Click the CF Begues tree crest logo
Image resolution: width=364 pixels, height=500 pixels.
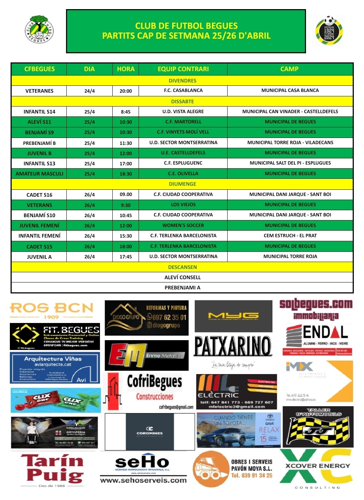click(39, 30)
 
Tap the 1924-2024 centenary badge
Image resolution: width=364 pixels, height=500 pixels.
click(329, 31)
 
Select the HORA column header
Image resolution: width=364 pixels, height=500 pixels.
click(125, 69)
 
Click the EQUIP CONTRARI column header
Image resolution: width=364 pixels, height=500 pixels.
click(183, 69)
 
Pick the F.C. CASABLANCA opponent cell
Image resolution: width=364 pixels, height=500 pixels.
click(183, 91)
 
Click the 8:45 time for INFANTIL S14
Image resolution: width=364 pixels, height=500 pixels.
click(125, 112)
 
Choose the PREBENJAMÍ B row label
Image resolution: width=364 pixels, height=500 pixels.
click(39, 143)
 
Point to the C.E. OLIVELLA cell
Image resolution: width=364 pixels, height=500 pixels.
click(183, 174)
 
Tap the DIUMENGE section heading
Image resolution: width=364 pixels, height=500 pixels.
click(182, 184)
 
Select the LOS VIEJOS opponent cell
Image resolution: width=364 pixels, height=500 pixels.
click(183, 205)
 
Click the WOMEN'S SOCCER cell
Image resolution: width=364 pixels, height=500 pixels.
click(183, 226)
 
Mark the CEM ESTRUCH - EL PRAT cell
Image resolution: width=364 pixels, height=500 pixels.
click(290, 236)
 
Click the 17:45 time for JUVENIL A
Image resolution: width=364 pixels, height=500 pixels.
click(125, 257)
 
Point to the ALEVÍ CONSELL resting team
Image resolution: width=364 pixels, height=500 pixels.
click(182, 277)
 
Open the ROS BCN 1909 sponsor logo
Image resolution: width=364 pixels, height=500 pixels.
click(51, 310)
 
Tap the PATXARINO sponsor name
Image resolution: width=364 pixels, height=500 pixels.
click(233, 346)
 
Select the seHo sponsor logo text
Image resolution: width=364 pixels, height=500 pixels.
click(142, 463)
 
